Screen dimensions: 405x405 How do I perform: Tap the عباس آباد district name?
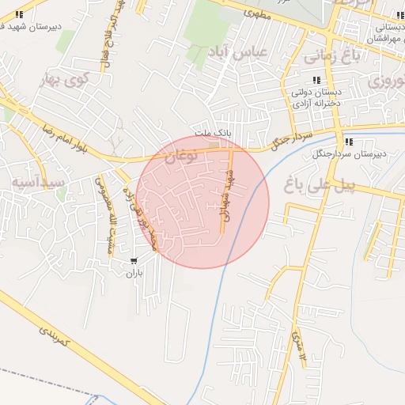[239, 52]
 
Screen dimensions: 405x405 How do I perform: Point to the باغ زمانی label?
[316, 56]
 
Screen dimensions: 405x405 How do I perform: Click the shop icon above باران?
[134, 260]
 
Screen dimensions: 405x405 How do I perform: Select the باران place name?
[134, 273]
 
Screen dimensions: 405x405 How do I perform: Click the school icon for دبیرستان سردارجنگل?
[349, 143]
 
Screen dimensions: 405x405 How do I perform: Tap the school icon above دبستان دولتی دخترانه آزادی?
[318, 80]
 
